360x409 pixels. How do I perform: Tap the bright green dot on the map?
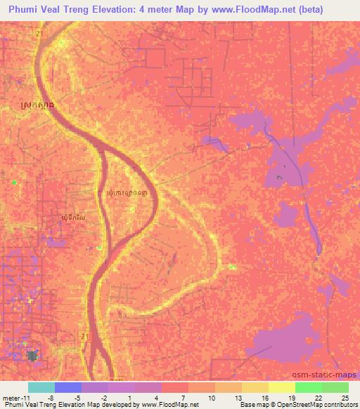(13, 182)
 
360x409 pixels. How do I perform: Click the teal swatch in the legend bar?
(41, 387)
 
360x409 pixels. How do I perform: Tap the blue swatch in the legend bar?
(67, 387)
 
